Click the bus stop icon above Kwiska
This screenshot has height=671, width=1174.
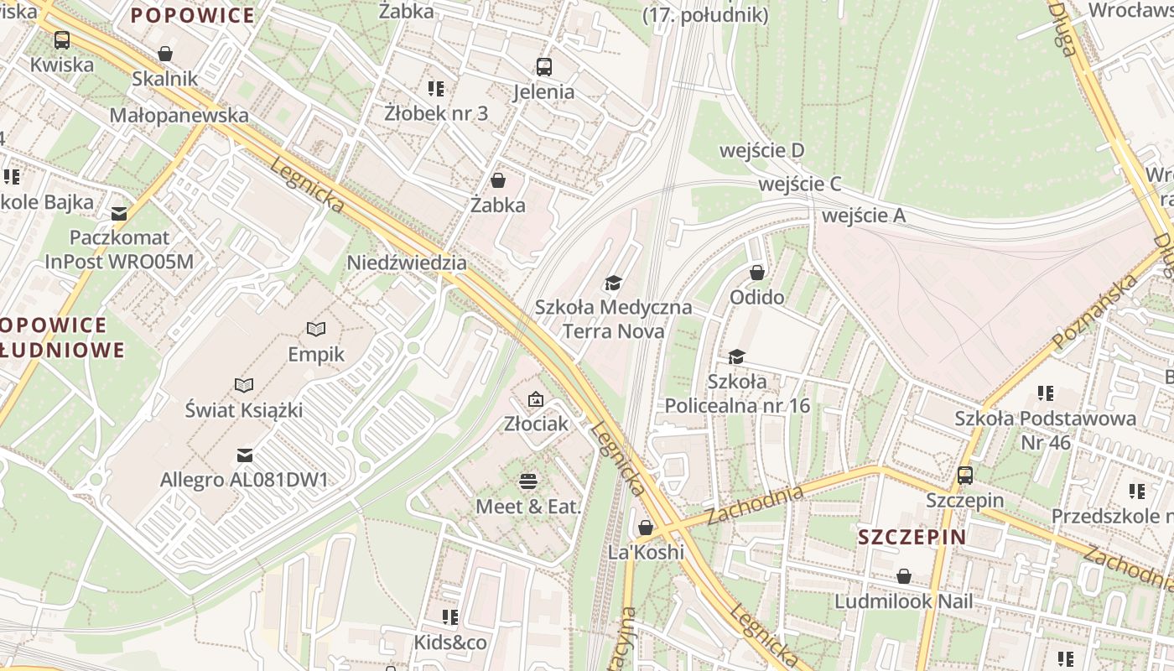[x=62, y=39]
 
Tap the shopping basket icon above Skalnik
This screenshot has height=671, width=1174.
[x=165, y=55]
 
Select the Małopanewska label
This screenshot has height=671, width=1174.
[x=179, y=115]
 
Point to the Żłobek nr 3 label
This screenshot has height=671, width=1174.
[x=436, y=113]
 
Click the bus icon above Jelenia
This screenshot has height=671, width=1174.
[x=543, y=66]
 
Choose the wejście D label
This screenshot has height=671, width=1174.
[x=761, y=150]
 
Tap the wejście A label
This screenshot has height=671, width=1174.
[x=864, y=216]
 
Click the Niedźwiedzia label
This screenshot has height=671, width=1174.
[x=407, y=263]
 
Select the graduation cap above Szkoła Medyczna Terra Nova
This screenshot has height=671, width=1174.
[x=614, y=283]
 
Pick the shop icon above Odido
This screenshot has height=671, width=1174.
[x=756, y=273]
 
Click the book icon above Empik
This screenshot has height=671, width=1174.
[x=315, y=329]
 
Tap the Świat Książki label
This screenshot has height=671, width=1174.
[x=244, y=410]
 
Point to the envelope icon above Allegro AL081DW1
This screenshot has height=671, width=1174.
[x=244, y=455]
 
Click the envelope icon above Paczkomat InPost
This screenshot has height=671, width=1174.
[x=119, y=213]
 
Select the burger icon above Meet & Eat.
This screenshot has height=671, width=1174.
[x=528, y=481]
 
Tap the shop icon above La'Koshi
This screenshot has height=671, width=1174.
[x=645, y=528]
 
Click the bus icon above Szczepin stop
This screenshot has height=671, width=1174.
[x=964, y=476]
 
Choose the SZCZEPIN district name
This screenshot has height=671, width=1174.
[x=912, y=537]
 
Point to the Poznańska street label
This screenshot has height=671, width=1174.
[x=1095, y=311]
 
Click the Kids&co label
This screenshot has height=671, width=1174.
[x=450, y=642]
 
